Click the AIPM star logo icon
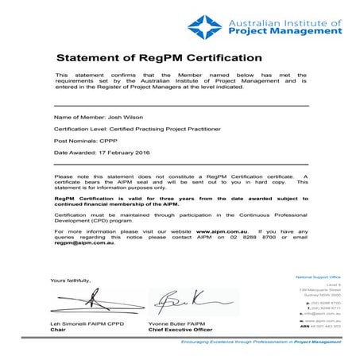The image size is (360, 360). [x=205, y=26]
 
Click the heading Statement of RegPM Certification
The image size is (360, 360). [x=158, y=58]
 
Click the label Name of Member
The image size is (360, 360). [x=77, y=117]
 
